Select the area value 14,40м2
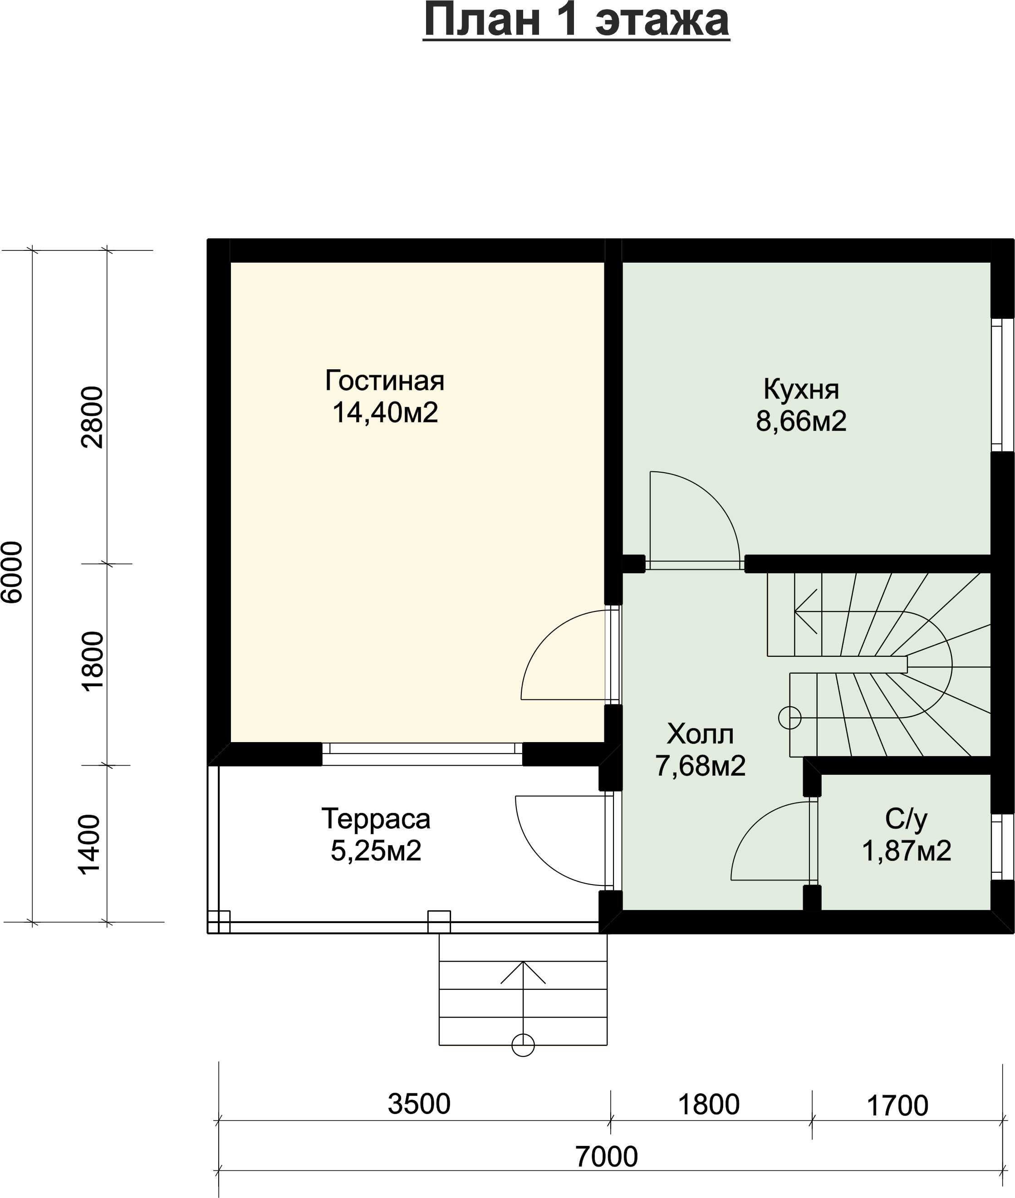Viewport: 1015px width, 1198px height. tap(385, 412)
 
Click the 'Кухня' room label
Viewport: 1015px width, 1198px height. tap(801, 389)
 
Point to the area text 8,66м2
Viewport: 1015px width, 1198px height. tap(801, 421)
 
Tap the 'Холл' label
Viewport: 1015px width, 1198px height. tap(700, 734)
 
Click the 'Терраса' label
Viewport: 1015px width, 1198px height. tap(376, 819)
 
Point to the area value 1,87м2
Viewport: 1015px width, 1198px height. tap(906, 851)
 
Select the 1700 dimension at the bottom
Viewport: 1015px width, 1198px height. tap(897, 1106)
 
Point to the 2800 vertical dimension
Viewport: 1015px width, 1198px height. tap(92, 417)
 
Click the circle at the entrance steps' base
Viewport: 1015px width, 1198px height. tap(523, 1045)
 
